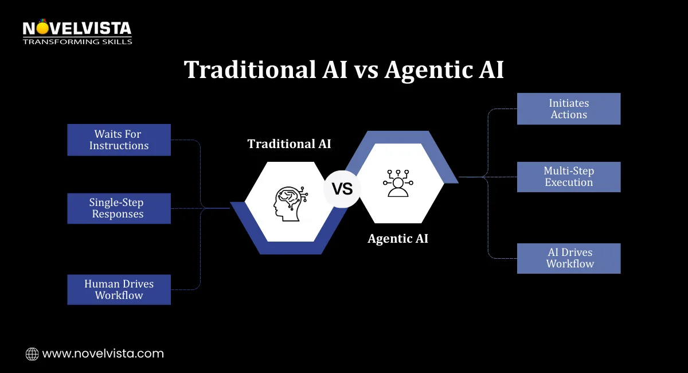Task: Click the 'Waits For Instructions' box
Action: click(x=119, y=140)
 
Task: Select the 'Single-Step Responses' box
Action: click(x=119, y=208)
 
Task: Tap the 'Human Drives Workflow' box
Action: click(x=119, y=289)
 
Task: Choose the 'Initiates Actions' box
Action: click(x=569, y=109)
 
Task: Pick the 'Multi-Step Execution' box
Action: click(x=569, y=177)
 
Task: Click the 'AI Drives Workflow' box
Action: click(x=569, y=258)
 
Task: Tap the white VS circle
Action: click(x=342, y=188)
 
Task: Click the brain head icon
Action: click(x=290, y=201)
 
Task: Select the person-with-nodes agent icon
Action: click(x=398, y=183)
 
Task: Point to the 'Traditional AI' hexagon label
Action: click(x=289, y=143)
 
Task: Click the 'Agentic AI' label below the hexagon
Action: click(x=398, y=239)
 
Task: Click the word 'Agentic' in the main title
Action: click(x=426, y=70)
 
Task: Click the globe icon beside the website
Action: click(x=32, y=354)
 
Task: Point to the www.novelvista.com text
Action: click(x=103, y=354)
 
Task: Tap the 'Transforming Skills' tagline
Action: click(x=77, y=41)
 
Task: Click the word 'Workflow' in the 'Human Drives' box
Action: click(x=119, y=296)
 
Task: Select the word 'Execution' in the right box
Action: click(x=569, y=182)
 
